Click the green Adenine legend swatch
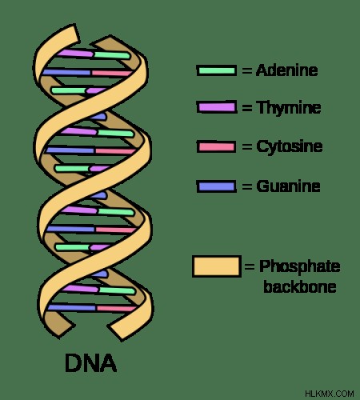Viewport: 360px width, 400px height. point(216,70)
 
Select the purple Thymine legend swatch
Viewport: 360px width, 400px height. point(216,107)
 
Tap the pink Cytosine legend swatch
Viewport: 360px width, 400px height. point(216,146)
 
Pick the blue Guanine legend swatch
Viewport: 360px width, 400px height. point(216,186)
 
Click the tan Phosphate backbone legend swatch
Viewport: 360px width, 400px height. point(217,266)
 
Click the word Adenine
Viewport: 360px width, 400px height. point(286,70)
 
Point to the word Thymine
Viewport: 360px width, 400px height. point(289,108)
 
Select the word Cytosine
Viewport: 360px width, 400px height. point(290,146)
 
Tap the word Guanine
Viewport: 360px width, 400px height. point(288,186)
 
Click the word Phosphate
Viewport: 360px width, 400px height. point(300,266)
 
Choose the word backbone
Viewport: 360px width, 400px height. point(300,286)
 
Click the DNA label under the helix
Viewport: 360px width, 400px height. point(90,363)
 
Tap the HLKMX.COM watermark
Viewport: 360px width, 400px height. point(330,394)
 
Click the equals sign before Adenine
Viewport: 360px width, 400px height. point(247,70)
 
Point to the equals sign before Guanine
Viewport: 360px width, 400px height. point(247,186)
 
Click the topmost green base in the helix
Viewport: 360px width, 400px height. point(112,55)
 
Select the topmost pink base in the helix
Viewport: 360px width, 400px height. point(112,73)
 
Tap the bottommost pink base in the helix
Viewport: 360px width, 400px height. point(117,309)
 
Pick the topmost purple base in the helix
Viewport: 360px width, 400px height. point(75,53)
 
